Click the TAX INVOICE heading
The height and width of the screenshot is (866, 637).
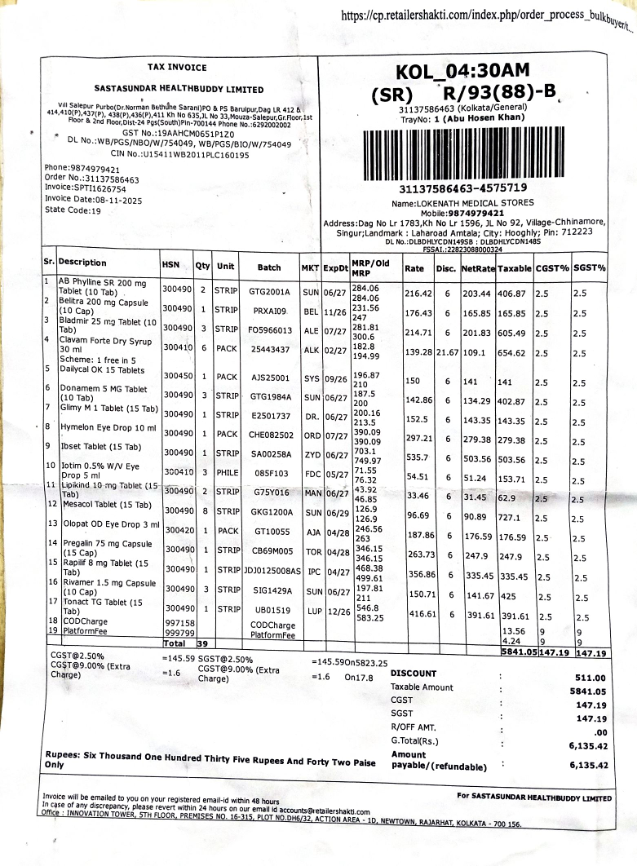pyautogui.click(x=176, y=68)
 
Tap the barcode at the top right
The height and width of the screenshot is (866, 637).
pyautogui.click(x=461, y=153)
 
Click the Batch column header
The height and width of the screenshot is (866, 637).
pyautogui.click(x=269, y=267)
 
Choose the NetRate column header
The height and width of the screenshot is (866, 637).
pyautogui.click(x=478, y=267)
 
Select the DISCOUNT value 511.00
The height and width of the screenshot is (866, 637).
pyautogui.click(x=590, y=678)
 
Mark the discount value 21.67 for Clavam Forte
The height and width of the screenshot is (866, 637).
pyautogui.click(x=446, y=351)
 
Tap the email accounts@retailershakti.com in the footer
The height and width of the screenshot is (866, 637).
pyautogui.click(x=319, y=811)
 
